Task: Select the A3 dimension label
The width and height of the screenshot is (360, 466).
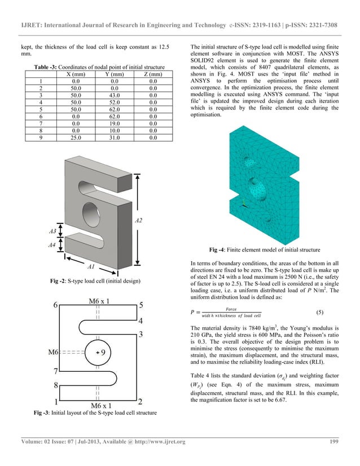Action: coord(52,231)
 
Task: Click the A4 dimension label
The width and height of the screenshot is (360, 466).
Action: coord(52,245)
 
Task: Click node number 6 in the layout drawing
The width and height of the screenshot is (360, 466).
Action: coord(56,305)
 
